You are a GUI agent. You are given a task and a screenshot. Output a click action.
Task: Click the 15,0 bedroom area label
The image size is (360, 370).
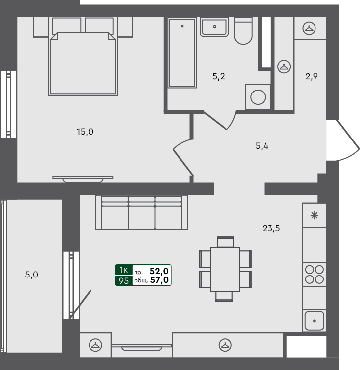pos(85,132)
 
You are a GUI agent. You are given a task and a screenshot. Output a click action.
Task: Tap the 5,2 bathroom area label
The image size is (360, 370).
pos(219,76)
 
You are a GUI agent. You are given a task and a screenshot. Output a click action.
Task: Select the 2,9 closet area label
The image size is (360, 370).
pos(311,76)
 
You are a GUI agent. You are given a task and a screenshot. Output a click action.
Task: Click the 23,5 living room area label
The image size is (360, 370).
pos(271,228)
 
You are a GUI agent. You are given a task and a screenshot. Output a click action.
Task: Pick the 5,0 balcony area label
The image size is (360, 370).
pos(31,274)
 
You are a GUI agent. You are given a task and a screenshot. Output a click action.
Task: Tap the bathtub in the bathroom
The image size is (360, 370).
pos(182,52)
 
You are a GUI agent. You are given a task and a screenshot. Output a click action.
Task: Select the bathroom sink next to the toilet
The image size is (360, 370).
pos(214,27)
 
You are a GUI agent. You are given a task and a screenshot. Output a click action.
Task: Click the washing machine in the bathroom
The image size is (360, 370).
pos(258,97)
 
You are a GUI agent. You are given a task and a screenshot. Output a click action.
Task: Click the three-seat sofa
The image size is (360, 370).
pos(142,213)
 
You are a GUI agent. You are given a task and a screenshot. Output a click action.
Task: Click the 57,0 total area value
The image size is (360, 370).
pos(160,280)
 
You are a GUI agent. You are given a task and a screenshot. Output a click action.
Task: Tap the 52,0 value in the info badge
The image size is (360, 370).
pos(160,271)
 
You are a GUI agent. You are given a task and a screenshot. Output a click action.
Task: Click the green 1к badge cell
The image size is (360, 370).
pos(123,270)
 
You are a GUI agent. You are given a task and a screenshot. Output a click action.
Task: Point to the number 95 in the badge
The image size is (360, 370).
pos(123,281)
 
